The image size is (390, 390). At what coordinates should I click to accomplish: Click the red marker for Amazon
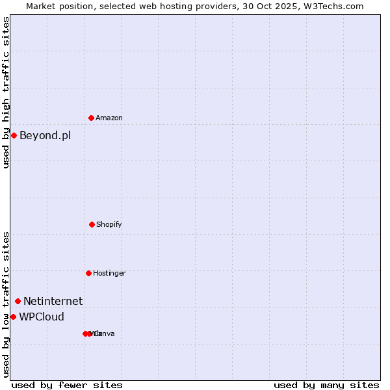click(92, 118)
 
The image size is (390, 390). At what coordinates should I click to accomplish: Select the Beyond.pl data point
click(14, 135)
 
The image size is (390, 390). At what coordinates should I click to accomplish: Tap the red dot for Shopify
click(92, 224)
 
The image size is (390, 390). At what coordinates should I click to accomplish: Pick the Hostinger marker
click(88, 273)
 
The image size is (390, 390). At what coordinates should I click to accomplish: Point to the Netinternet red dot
click(18, 301)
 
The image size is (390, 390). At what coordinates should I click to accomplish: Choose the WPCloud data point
click(13, 317)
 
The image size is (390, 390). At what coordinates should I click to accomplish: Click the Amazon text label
click(109, 118)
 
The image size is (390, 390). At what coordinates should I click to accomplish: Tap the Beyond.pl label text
click(45, 135)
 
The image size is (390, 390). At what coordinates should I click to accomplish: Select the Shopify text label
click(109, 224)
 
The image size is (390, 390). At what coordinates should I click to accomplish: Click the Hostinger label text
click(109, 273)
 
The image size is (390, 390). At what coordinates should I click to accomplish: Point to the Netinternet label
click(53, 301)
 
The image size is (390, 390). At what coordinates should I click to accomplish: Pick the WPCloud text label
click(42, 317)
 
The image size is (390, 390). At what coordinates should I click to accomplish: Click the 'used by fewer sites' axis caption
click(66, 385)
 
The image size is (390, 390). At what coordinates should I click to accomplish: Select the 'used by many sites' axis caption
click(326, 385)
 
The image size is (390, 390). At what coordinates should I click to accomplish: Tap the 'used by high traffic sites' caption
click(6, 92)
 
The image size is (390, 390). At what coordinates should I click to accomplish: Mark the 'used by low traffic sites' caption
click(6, 304)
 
